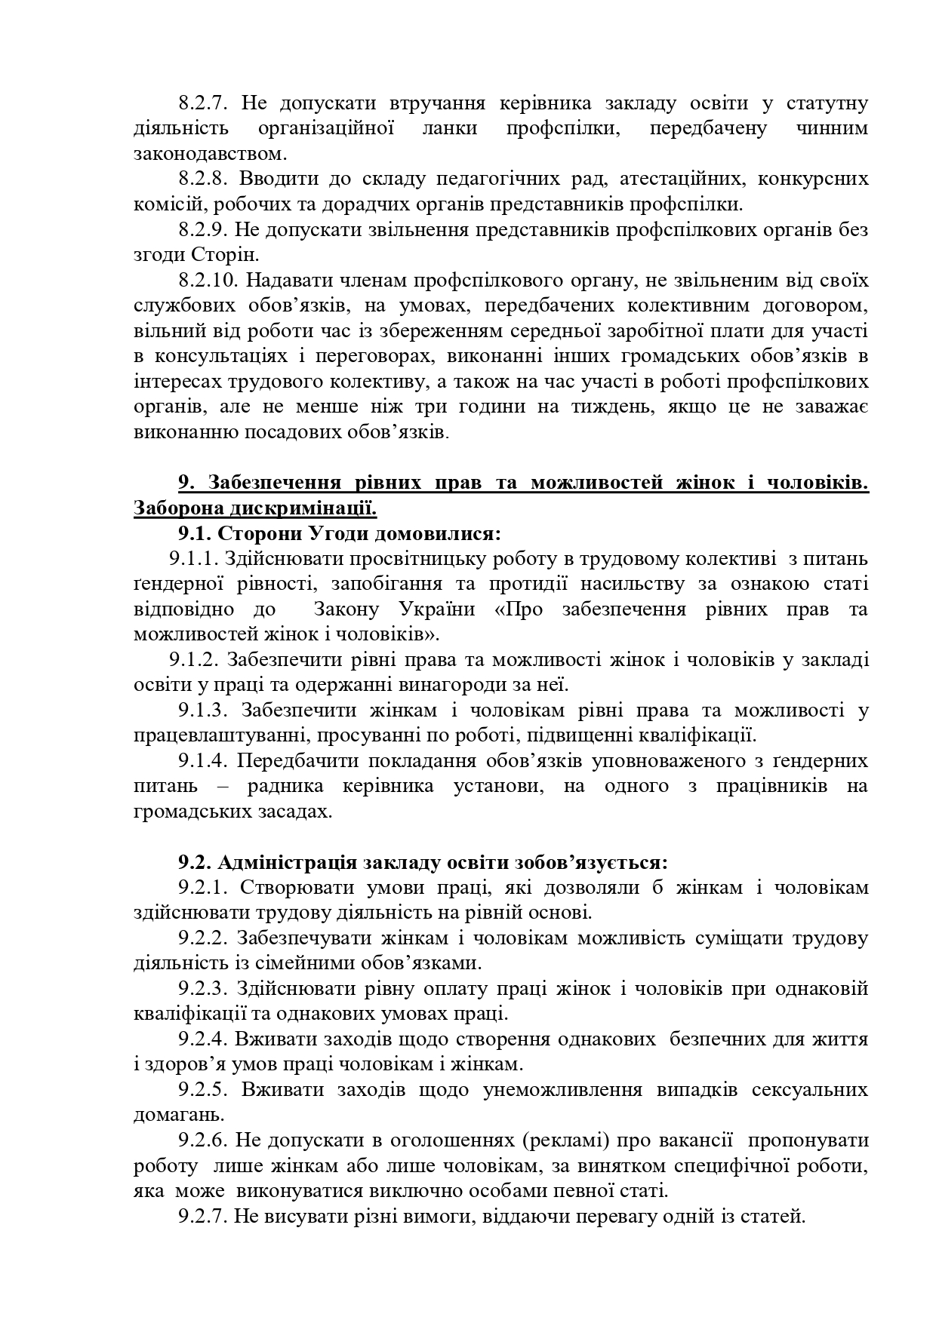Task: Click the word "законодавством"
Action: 210,154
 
